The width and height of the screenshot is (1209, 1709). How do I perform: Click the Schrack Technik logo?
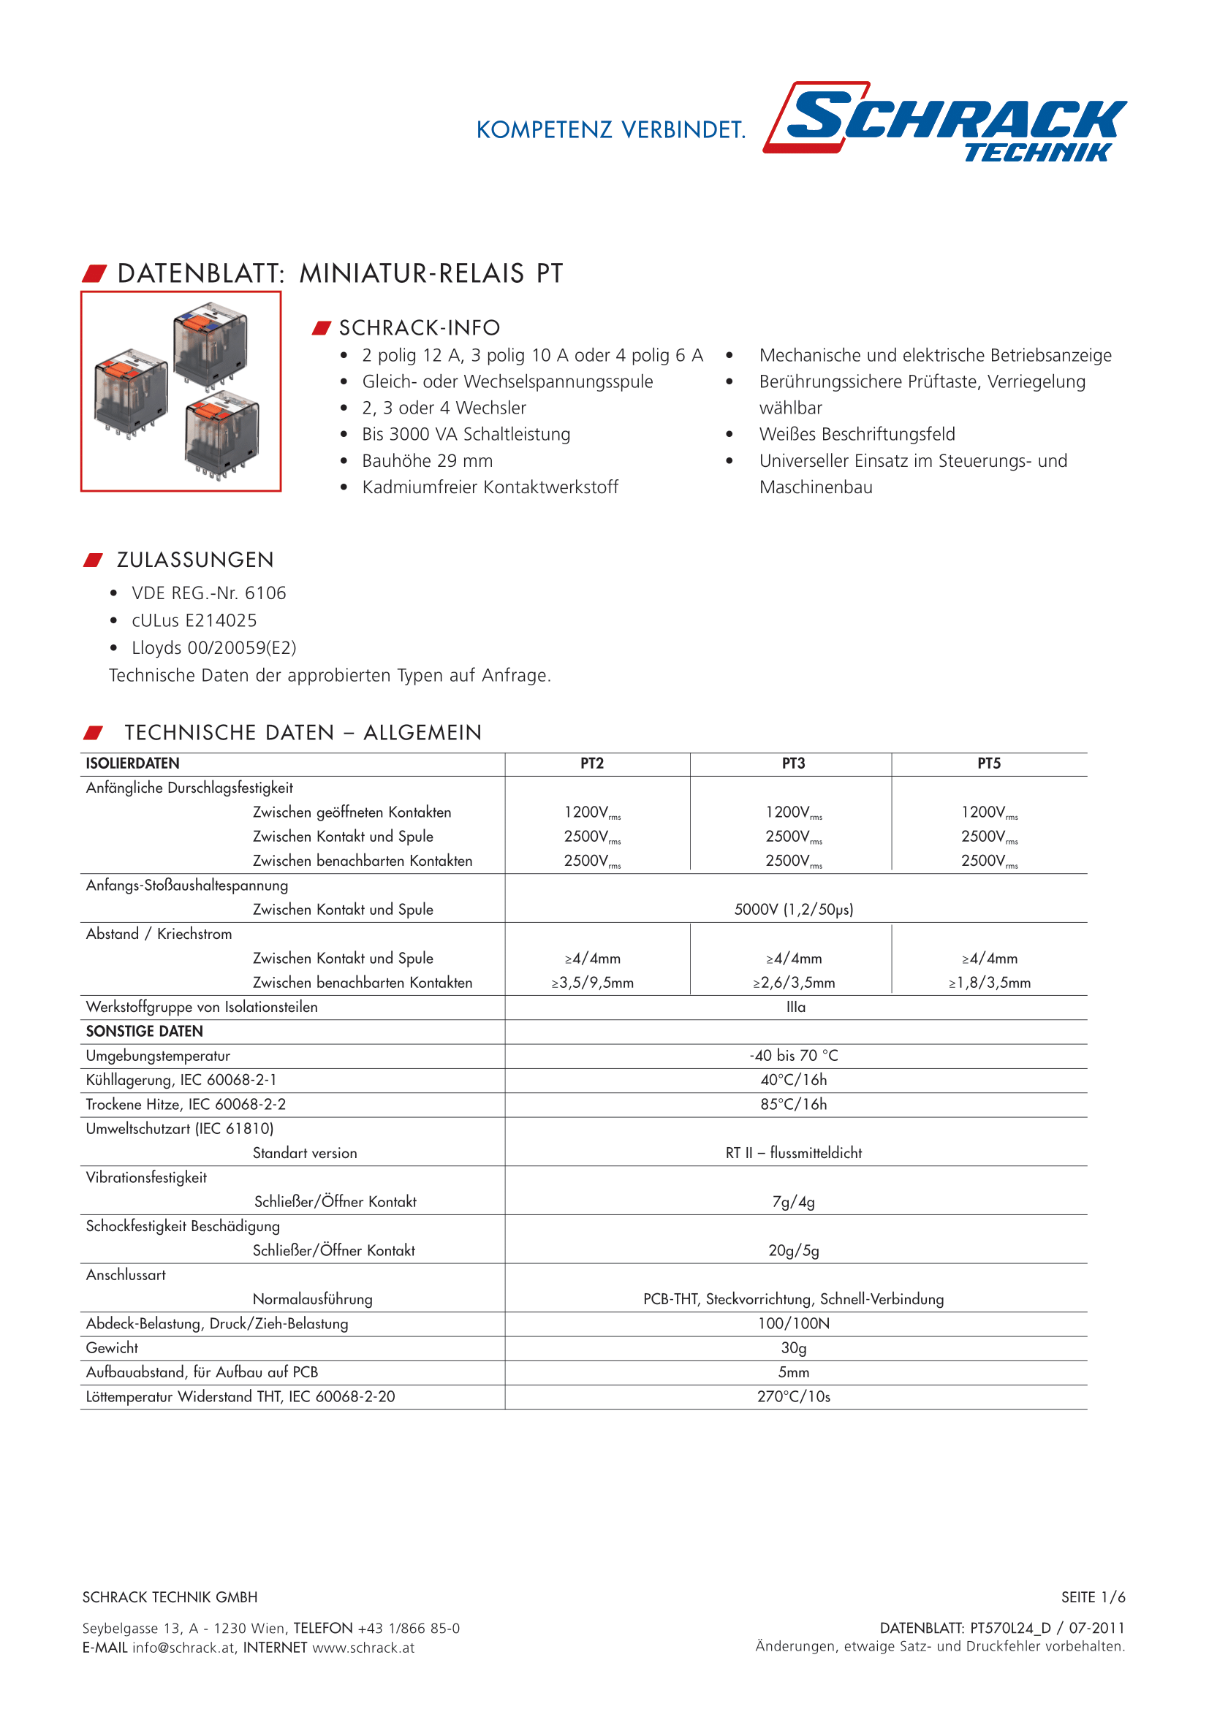click(945, 121)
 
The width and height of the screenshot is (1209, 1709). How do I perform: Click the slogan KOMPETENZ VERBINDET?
click(610, 130)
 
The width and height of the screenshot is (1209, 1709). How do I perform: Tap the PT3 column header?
click(793, 764)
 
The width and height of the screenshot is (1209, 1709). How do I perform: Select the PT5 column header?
click(989, 764)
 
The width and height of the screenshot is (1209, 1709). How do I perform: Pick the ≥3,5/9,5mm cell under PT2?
click(593, 983)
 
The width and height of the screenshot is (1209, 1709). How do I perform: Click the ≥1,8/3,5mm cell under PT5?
click(990, 983)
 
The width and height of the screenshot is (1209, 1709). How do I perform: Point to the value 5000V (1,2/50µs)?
click(794, 910)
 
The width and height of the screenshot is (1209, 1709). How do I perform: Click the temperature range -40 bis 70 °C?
click(794, 1056)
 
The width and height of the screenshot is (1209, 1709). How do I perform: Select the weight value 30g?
click(794, 1348)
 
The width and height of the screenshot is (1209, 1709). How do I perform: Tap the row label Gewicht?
click(113, 1348)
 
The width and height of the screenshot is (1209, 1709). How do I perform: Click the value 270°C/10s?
click(794, 1396)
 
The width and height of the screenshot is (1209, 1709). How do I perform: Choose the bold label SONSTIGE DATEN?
click(145, 1031)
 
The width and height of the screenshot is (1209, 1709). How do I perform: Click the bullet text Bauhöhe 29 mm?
click(428, 461)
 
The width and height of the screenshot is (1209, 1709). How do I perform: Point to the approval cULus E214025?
click(194, 621)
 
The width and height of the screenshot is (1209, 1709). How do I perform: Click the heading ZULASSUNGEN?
click(195, 560)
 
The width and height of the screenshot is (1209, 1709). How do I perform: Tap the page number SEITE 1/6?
click(1093, 1597)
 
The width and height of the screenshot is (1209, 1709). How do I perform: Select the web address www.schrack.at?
click(363, 1648)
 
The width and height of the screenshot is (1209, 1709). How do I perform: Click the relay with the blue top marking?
click(210, 346)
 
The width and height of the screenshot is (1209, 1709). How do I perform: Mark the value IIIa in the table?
click(796, 1007)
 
